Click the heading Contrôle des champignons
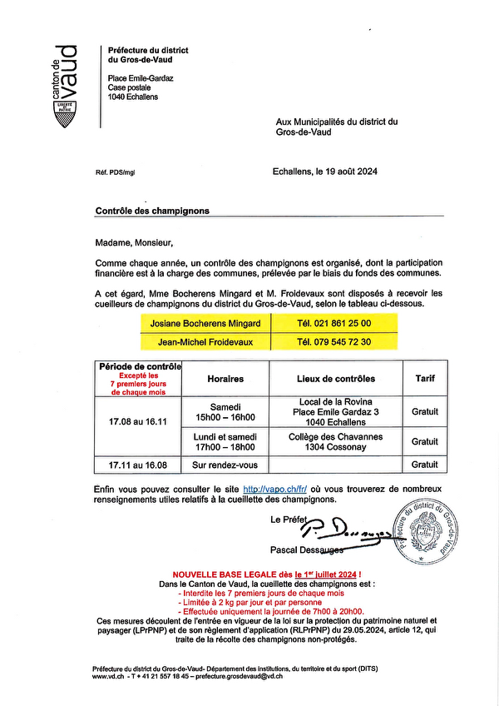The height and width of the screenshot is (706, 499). (152, 211)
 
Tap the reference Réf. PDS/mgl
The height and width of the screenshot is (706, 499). (115, 172)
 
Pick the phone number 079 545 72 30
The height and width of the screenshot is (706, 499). (334, 341)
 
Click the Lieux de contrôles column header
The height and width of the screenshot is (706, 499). (336, 379)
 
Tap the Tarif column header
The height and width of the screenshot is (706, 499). (424, 379)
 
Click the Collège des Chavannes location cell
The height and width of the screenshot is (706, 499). (336, 441)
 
